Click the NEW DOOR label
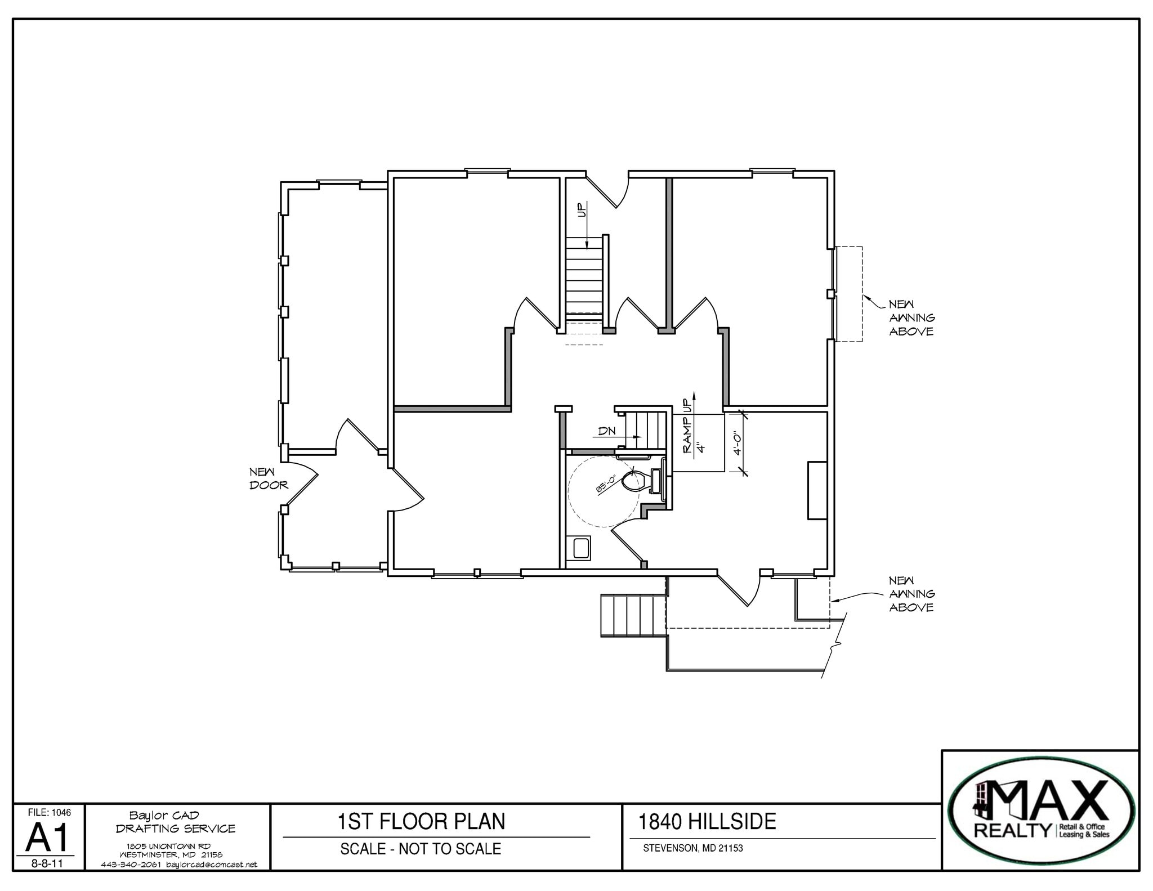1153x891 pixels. (x=269, y=478)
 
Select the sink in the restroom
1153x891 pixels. (x=580, y=548)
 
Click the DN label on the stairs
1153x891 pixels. (x=607, y=432)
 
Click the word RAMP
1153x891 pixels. (x=686, y=438)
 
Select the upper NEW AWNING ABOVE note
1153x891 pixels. (x=911, y=318)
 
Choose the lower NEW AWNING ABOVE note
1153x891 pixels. (x=911, y=594)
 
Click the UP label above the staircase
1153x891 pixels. (x=582, y=210)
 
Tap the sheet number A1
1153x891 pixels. (x=48, y=838)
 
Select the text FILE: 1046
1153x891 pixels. (x=50, y=813)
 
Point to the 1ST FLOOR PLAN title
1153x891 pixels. (x=421, y=822)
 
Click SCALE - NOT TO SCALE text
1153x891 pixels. (x=421, y=849)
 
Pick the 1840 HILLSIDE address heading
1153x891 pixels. (x=707, y=822)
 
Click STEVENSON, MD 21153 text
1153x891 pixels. (x=693, y=848)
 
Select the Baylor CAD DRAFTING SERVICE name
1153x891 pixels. (x=176, y=822)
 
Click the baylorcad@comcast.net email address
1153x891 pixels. (x=212, y=865)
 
